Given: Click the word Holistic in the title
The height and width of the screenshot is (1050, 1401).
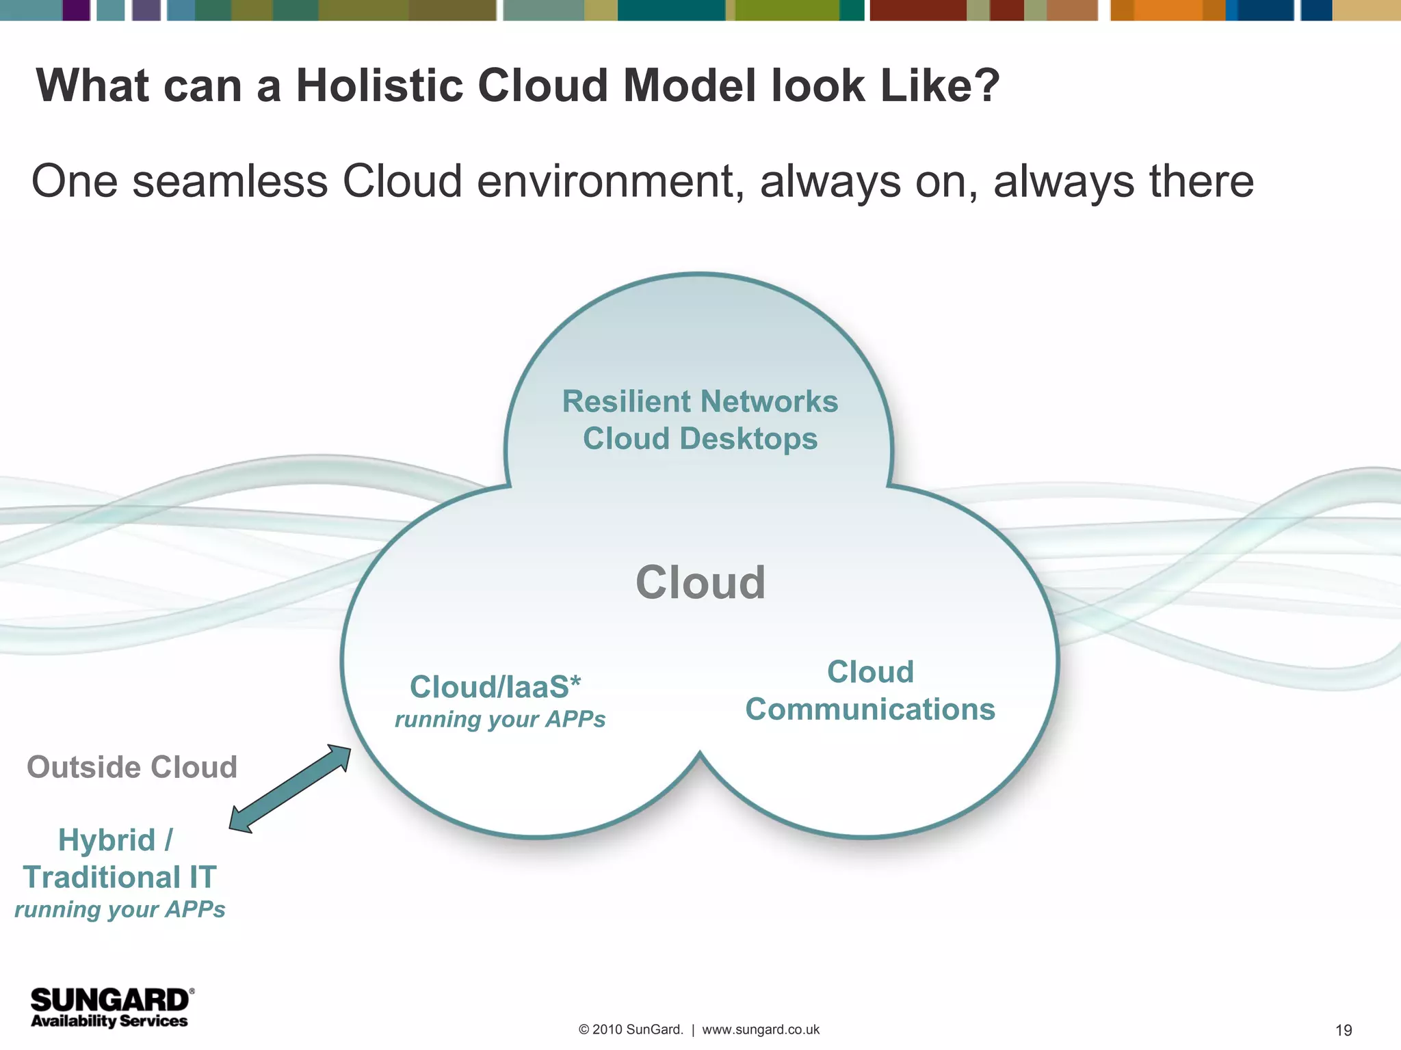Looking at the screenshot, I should (x=378, y=86).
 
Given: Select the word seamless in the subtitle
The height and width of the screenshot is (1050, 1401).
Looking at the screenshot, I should (x=230, y=182).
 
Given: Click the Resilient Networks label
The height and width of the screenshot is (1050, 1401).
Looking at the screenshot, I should (x=700, y=401).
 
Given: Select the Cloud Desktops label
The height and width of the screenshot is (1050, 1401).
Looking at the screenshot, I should (x=700, y=439).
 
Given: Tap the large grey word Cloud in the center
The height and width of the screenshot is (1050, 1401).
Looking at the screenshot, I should (x=700, y=583).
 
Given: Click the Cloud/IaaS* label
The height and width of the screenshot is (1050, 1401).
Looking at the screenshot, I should (x=495, y=687).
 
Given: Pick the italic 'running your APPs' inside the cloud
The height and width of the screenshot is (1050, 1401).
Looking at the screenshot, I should (x=500, y=720).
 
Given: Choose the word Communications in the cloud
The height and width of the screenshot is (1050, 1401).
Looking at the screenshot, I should (x=870, y=710).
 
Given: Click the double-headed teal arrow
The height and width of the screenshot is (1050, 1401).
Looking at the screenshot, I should (x=290, y=788).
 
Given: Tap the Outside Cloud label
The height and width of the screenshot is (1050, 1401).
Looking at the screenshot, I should (x=132, y=767).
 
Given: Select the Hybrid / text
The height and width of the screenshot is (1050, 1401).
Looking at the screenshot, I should (x=116, y=840).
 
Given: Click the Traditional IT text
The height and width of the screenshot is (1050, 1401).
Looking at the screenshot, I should (x=120, y=878).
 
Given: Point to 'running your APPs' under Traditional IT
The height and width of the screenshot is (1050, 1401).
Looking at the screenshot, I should (x=120, y=910).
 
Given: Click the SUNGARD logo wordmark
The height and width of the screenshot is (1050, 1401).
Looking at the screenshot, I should (x=109, y=1001).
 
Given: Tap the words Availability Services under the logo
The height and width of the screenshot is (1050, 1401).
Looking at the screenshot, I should (x=109, y=1021).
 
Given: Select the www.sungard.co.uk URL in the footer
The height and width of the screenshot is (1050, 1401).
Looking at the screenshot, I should (x=761, y=1029).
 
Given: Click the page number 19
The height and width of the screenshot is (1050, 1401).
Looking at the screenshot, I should (x=1344, y=1030).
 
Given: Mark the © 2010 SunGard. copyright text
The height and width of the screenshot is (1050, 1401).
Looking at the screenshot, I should (x=631, y=1029).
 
